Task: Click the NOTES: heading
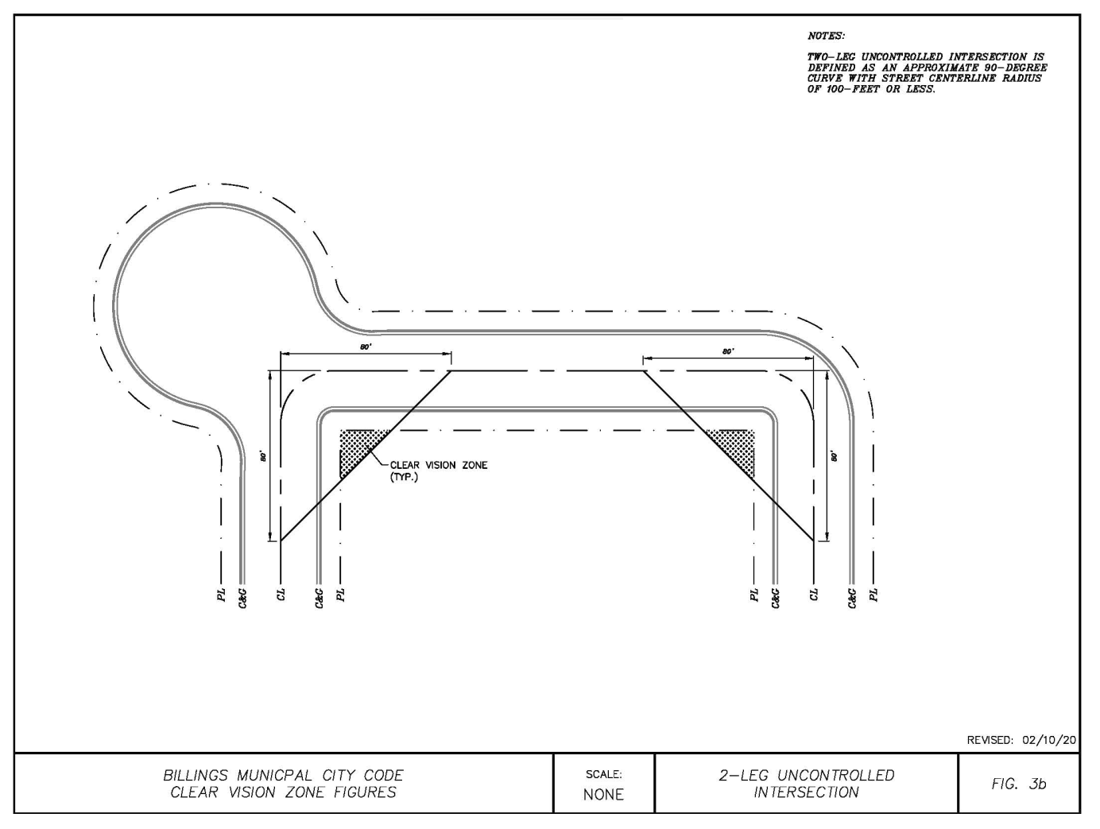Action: [x=826, y=36]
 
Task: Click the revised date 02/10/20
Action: [x=1049, y=740]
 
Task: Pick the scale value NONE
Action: [x=603, y=794]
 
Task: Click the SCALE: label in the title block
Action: [x=603, y=774]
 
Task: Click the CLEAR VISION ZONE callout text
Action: [x=438, y=465]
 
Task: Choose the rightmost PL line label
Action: [x=873, y=595]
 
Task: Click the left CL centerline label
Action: [x=281, y=595]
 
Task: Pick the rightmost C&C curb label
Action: [x=852, y=597]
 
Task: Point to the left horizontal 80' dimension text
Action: [x=365, y=347]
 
